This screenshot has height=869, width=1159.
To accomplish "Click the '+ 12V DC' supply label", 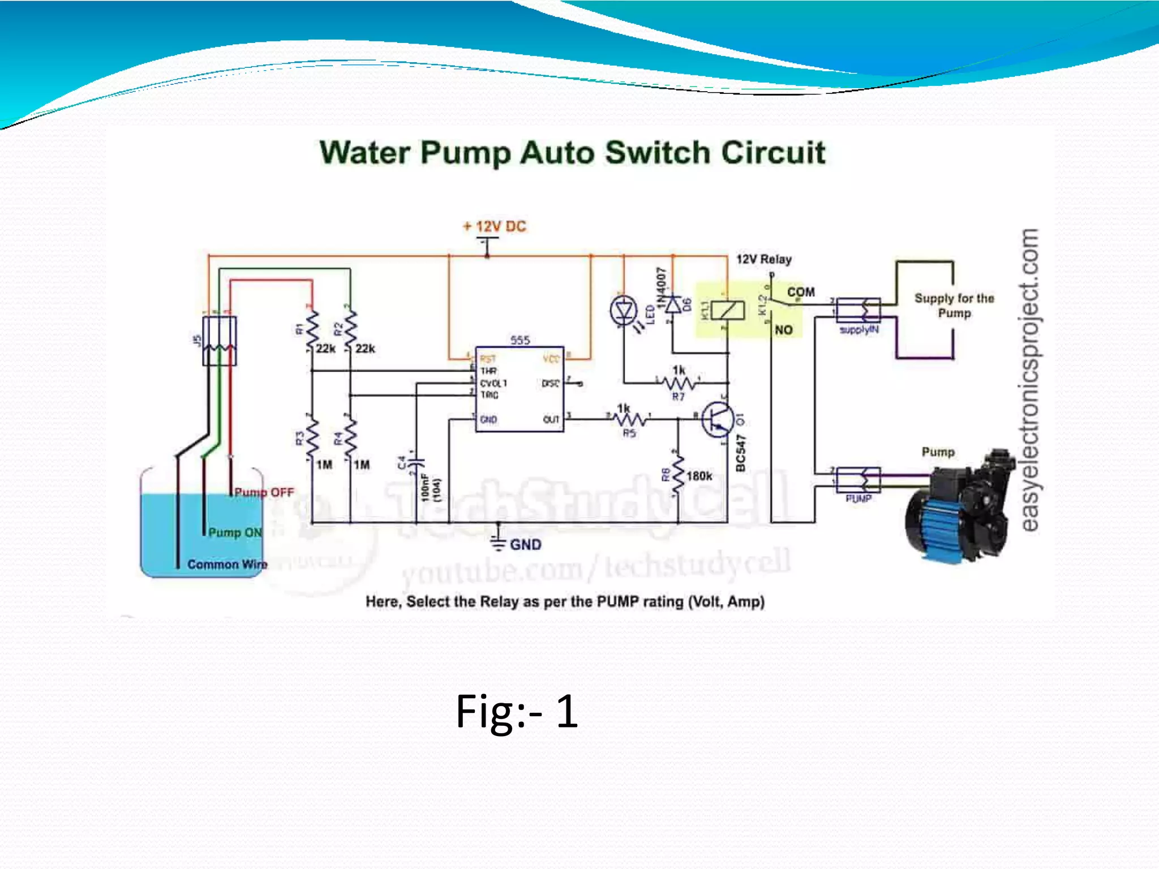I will click(495, 227).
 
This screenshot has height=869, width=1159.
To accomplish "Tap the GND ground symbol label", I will click(525, 545).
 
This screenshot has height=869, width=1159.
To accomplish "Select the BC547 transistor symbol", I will click(718, 420).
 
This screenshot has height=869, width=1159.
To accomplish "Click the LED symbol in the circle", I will click(624, 311).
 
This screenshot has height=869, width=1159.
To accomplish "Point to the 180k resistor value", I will click(699, 476).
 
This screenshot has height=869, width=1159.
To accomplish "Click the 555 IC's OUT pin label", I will click(551, 420).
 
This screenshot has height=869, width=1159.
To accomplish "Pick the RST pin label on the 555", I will click(487, 359).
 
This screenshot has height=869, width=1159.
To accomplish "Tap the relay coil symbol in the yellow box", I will click(727, 310).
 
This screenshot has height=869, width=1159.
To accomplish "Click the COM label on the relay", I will click(801, 292).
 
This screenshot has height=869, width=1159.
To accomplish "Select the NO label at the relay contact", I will click(784, 330).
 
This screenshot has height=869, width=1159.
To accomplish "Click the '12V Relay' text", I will click(763, 260).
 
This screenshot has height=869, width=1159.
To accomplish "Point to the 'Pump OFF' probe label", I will click(264, 493).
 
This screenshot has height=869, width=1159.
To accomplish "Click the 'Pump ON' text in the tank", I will click(235, 533).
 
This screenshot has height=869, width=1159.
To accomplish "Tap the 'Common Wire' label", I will click(227, 565).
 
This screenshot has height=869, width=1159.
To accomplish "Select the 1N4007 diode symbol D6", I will click(673, 306).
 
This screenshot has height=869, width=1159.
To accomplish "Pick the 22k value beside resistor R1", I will click(325, 349).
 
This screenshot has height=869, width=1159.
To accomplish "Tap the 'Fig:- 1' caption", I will click(517, 711).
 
